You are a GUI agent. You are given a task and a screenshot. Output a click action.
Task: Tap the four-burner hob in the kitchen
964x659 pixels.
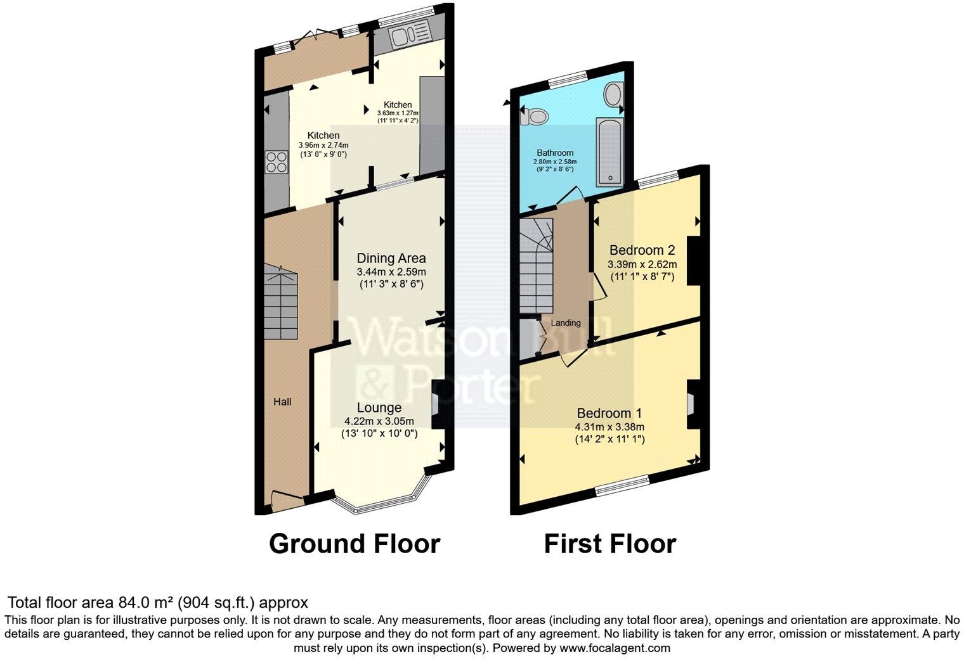tap(277, 162)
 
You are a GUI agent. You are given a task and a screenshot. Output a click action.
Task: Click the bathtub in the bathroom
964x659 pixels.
tap(609, 151)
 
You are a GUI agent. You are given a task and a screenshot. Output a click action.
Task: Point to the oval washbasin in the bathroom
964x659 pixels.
tap(613, 95)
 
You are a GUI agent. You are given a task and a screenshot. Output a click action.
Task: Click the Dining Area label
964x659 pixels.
tap(391, 258)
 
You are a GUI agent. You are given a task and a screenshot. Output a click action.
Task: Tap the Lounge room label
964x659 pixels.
tap(379, 407)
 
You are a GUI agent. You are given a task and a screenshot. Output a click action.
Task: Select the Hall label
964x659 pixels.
tap(282, 402)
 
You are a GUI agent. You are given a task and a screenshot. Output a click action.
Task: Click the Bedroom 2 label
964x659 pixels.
tap(641, 250)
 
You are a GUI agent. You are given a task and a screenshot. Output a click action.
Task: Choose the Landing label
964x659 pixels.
tap(565, 323)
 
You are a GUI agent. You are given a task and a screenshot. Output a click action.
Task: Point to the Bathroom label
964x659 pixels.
tap(555, 153)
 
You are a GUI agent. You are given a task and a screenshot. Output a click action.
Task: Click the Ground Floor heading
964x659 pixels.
tap(354, 544)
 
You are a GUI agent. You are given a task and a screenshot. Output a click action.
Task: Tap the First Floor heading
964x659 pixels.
tap(609, 544)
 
